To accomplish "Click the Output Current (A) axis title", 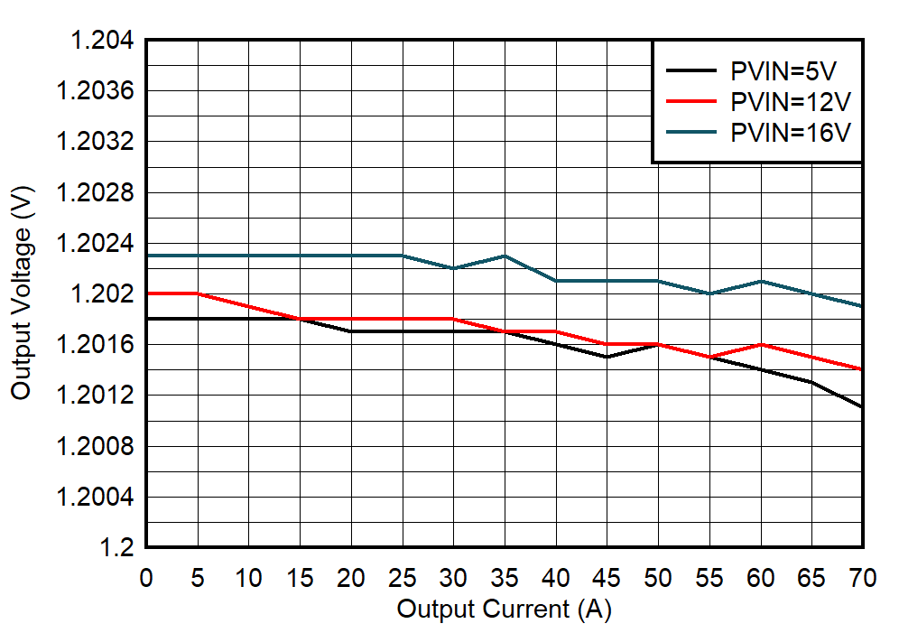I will [504, 609].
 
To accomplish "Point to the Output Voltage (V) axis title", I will [21, 294].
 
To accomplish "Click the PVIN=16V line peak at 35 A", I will [505, 256].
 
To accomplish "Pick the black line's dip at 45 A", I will [607, 357].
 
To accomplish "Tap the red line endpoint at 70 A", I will [863, 369].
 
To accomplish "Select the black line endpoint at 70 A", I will [863, 407].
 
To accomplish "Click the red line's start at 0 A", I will [147, 293].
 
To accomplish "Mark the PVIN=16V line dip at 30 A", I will [453, 268].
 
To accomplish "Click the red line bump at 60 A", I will [761, 344].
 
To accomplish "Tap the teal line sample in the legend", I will [691, 132].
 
